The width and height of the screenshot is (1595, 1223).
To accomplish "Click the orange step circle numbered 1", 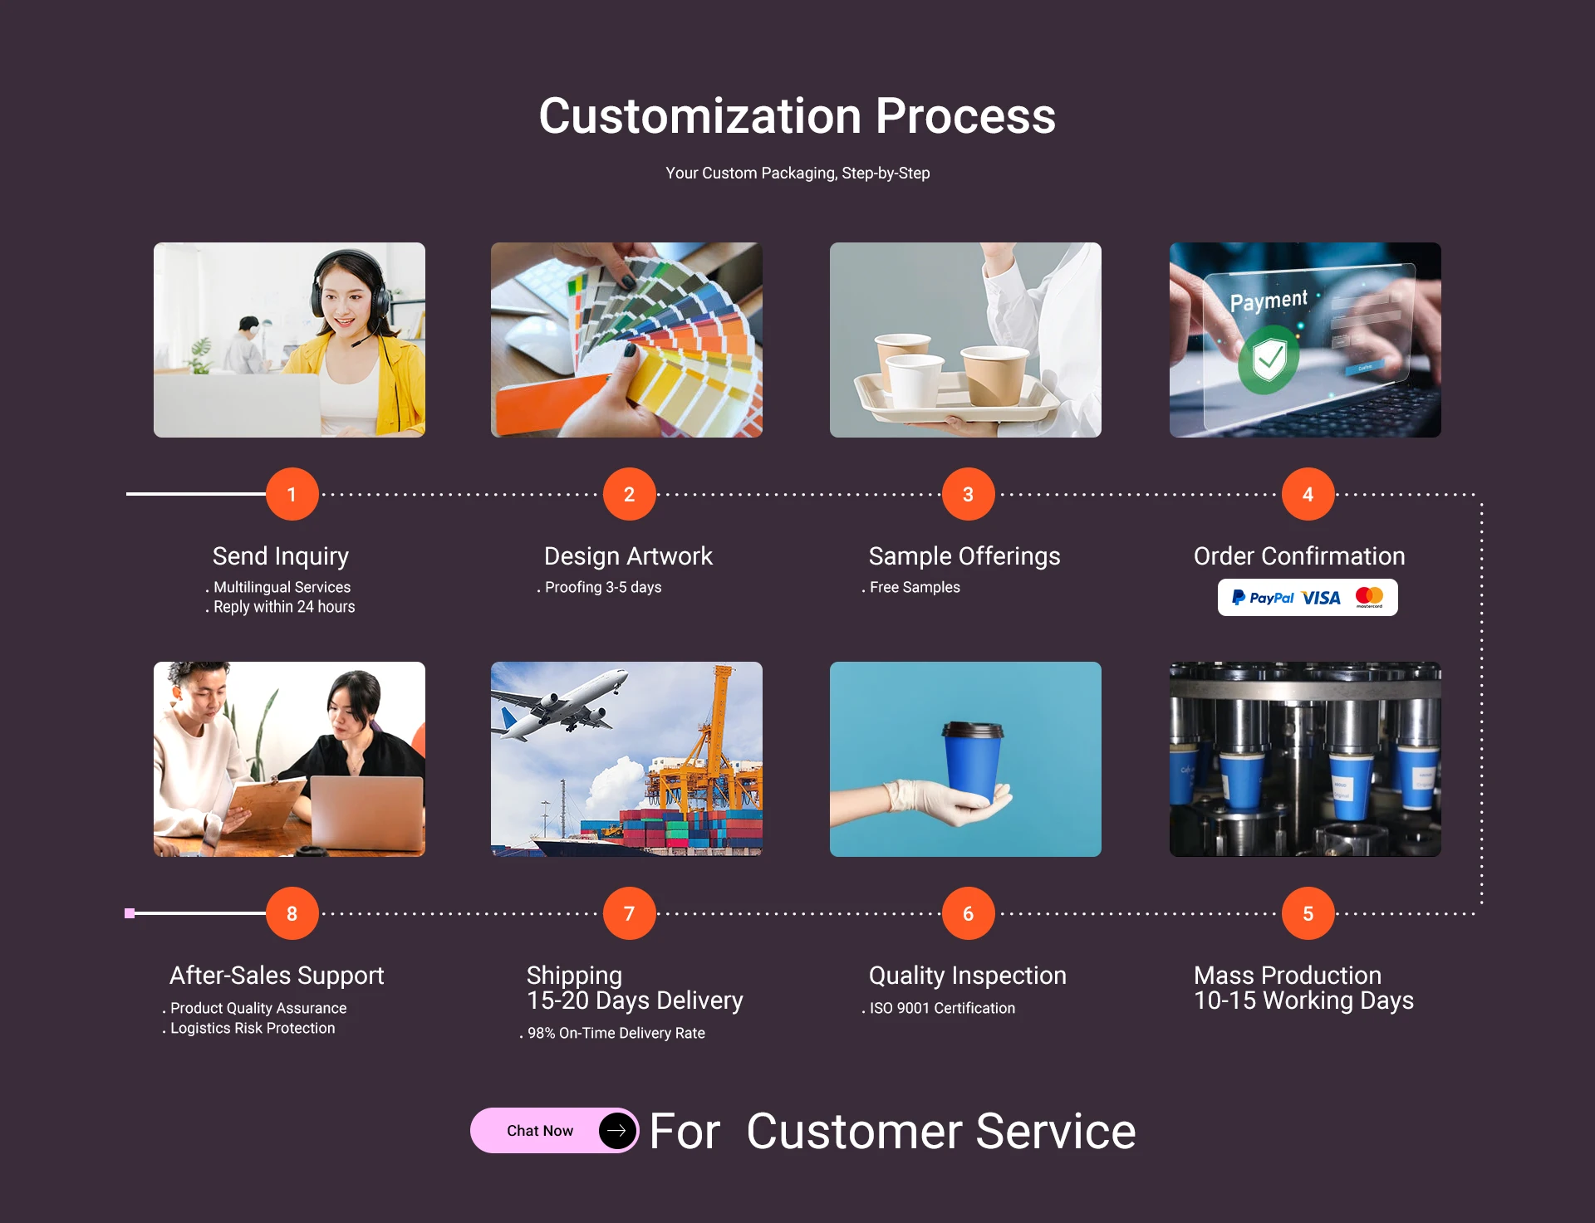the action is point(292,494).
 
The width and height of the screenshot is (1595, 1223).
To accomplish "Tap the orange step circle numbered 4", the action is point(1308,494).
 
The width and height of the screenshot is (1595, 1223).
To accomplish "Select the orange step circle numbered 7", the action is point(629,913).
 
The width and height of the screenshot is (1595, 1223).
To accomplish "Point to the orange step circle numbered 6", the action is point(968,913).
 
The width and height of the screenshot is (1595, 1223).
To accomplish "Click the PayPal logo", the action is point(1263,598).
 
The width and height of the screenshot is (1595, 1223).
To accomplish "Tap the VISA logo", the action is point(1321,598).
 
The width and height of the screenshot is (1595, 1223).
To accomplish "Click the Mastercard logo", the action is point(1369,597).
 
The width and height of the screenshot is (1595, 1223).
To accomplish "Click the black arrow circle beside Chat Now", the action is point(617,1131).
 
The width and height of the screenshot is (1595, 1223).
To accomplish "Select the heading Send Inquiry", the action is point(281,556).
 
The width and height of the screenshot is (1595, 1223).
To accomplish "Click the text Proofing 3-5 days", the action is point(603,587).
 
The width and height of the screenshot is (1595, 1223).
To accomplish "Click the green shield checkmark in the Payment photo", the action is point(1269,360).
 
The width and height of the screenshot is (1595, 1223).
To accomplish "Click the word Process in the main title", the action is point(965,115).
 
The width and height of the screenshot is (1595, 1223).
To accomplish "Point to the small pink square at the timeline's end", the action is point(130,913).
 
